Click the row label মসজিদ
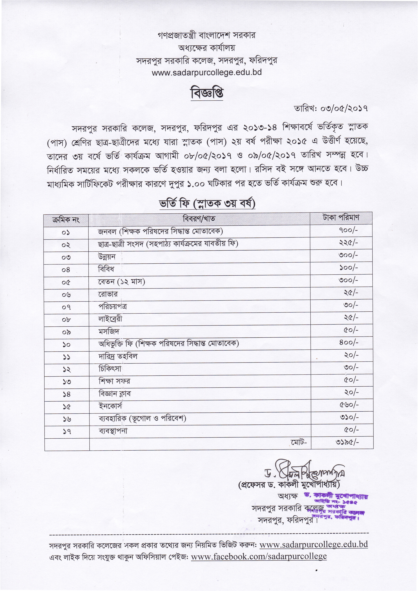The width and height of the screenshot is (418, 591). tap(109, 332)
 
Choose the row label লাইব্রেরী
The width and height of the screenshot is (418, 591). tap(110, 319)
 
